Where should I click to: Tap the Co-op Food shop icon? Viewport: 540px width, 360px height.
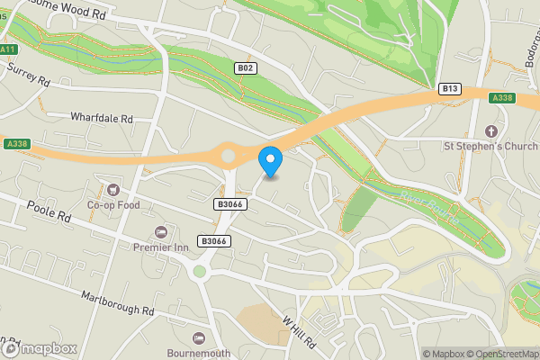click(113, 189)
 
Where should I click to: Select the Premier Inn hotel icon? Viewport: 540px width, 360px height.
click(161, 232)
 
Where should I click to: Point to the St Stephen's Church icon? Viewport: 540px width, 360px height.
click(490, 130)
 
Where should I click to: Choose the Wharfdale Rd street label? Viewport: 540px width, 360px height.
click(102, 118)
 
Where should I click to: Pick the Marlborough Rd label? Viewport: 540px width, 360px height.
click(117, 302)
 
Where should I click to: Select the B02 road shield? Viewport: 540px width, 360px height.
click(245, 68)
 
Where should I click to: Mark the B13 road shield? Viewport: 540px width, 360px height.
click(450, 88)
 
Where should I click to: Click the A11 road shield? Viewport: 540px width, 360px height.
click(9, 49)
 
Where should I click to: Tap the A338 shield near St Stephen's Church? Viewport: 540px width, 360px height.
click(501, 97)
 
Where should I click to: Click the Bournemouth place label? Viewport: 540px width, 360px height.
click(199, 353)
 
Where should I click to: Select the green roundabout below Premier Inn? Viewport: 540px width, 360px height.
click(200, 270)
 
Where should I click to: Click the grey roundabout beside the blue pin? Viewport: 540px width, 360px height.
click(228, 156)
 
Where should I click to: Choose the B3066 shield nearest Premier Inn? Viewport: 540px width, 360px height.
click(214, 240)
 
